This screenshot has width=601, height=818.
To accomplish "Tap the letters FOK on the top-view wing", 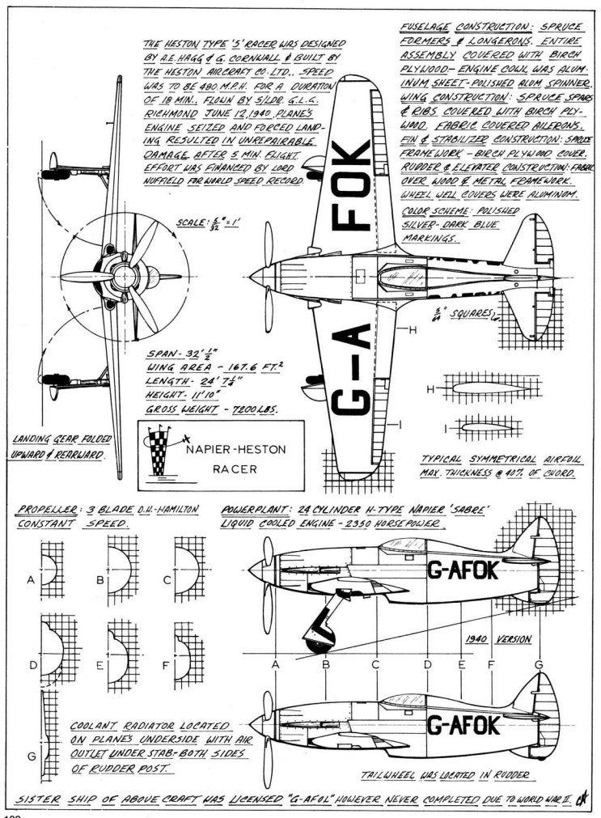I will pyautogui.click(x=354, y=185).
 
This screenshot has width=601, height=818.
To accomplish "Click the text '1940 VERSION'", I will pyautogui.click(x=497, y=638).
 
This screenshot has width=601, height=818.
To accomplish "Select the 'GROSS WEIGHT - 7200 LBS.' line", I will pyautogui.click(x=211, y=410).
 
